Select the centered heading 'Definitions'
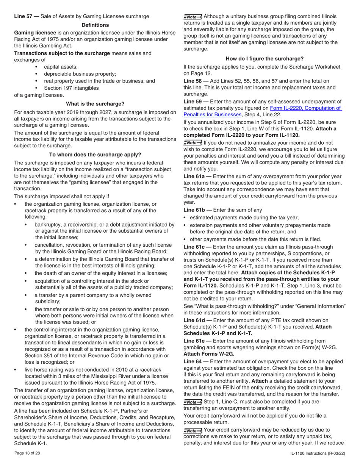[95, 25]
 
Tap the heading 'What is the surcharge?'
[95, 104]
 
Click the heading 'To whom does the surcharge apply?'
[95, 155]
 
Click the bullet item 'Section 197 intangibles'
[71, 88]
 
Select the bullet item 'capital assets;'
[61, 67]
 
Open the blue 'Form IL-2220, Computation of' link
[306, 108]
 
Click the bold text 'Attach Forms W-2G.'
[209, 353]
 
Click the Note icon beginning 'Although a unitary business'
[193, 17]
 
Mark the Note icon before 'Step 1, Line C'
[193, 402]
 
